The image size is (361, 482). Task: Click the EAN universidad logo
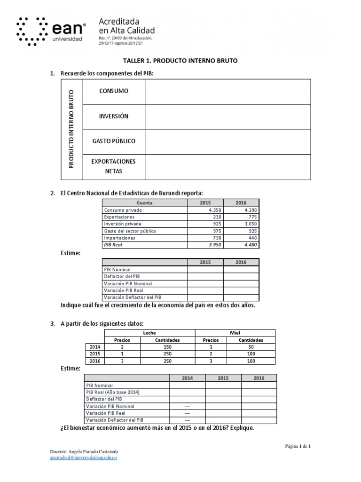pos(51,31)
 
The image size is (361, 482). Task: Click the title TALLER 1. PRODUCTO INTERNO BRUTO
pos(180,61)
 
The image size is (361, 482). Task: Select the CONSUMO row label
pos(113,91)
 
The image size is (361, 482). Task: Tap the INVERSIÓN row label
pos(113,116)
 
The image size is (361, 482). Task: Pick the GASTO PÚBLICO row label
pos(113,141)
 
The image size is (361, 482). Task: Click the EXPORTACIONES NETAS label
pos(113,166)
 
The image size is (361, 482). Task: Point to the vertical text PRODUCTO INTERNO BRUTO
pos(71,129)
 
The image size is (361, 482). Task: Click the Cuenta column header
pos(144,203)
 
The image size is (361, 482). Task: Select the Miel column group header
pos(235,333)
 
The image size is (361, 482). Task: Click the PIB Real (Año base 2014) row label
pos(113,392)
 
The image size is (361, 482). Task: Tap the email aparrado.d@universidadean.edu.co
pos(83,458)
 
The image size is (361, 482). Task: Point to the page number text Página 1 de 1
pos(298,446)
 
